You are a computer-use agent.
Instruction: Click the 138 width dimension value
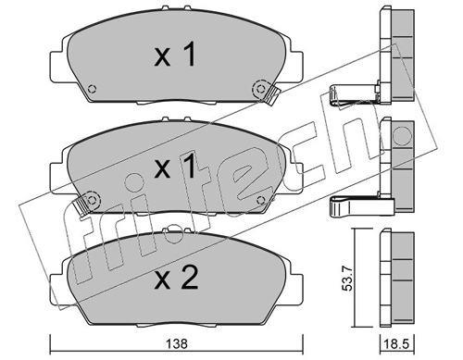pyautogui.click(x=178, y=344)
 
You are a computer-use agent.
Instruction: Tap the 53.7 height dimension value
pyautogui.click(x=348, y=279)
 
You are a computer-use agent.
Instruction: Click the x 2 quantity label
pyautogui.click(x=176, y=278)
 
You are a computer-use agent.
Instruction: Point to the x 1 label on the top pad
pyautogui.click(x=175, y=55)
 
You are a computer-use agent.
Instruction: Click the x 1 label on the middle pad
pyautogui.click(x=175, y=167)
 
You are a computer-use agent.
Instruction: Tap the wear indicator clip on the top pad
pyautogui.click(x=271, y=95)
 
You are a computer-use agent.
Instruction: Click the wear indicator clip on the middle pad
pyautogui.click(x=80, y=205)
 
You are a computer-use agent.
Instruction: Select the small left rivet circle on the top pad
pyautogui.click(x=92, y=89)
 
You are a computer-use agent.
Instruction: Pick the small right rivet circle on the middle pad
pyautogui.click(x=261, y=200)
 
